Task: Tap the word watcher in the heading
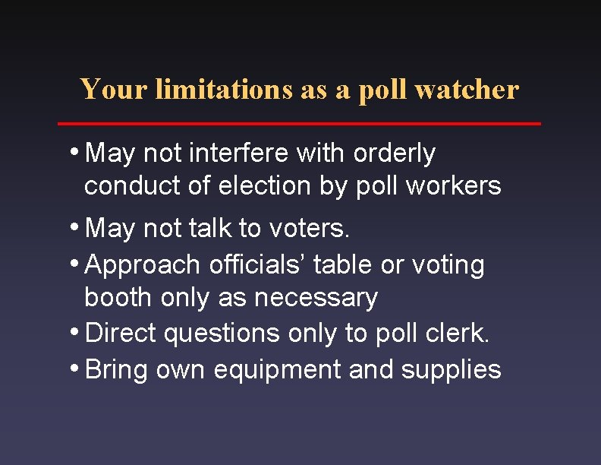coord(468,90)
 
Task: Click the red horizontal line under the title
coord(300,123)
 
